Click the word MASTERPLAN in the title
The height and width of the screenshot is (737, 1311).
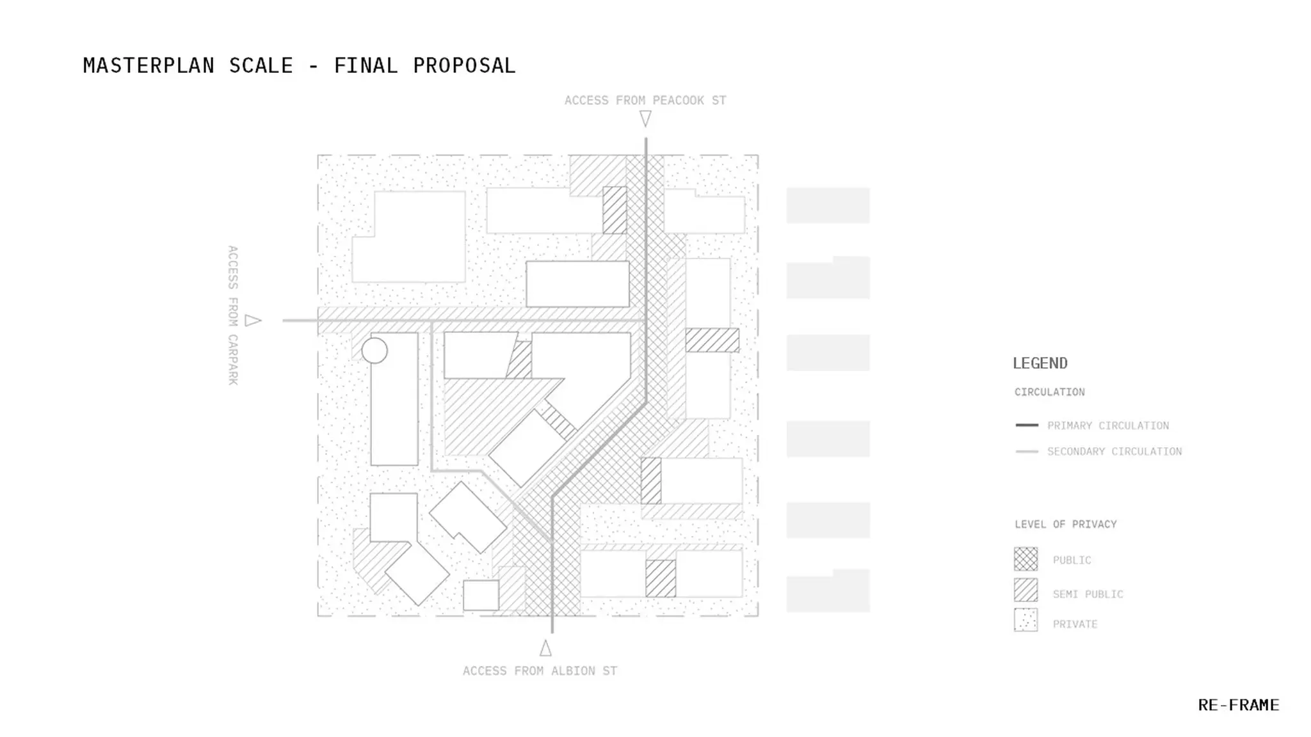coord(149,65)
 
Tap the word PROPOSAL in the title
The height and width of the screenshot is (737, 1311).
coord(464,65)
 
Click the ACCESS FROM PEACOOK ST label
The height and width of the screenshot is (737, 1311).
coord(645,100)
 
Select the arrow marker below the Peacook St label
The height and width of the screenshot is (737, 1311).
coord(645,119)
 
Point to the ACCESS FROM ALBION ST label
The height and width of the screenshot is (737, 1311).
coord(540,670)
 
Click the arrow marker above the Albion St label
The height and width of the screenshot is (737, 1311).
coord(545,648)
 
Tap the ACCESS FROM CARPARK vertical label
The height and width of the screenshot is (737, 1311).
coord(233,315)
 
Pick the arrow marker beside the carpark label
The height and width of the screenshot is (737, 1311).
coord(253,321)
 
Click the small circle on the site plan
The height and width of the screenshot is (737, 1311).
coord(374,351)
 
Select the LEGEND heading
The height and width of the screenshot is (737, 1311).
coord(1040,363)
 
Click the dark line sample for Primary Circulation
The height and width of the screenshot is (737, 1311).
coord(1027,425)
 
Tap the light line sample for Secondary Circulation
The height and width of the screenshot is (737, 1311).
coord(1027,451)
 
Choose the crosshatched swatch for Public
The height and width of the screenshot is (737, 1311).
coord(1025,559)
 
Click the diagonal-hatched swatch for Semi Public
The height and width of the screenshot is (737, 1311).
coord(1025,590)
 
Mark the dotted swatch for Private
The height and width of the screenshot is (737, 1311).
coord(1025,620)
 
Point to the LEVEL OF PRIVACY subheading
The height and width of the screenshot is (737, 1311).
coord(1066,524)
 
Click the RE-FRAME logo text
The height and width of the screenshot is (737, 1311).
coord(1239,705)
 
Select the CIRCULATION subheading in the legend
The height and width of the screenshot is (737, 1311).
coord(1050,392)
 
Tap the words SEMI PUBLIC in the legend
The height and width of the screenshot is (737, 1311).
coord(1088,594)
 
